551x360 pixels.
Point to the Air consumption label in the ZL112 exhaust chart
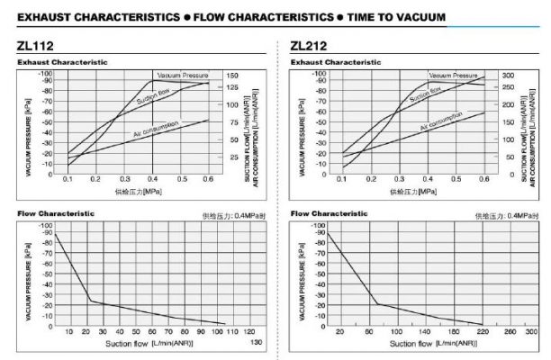(155, 128)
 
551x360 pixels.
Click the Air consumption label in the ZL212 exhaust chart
(442, 121)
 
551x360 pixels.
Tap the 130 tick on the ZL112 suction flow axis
(257, 343)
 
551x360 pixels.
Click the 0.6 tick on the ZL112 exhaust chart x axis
(208, 181)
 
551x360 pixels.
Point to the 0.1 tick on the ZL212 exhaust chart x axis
(342, 181)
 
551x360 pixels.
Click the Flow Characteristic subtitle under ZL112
(55, 213)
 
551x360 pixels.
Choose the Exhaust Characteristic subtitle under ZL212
(335, 62)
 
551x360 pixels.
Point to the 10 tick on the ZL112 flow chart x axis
(68, 332)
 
